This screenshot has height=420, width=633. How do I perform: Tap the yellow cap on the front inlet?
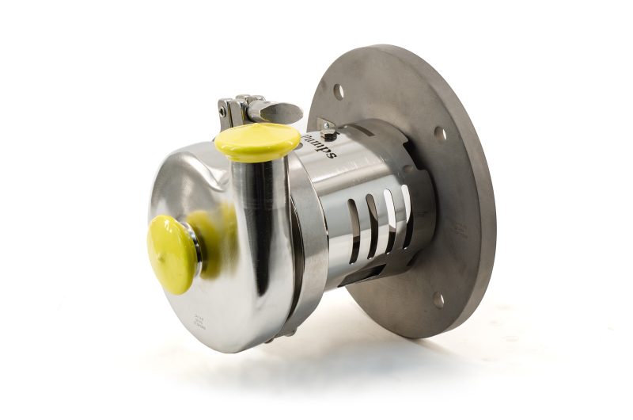tap(171, 254)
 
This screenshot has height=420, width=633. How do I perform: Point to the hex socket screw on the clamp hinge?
tap(224, 112)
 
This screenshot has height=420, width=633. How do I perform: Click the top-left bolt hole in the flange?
tap(339, 91)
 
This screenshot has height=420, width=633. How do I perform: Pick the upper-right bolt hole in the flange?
tap(440, 134)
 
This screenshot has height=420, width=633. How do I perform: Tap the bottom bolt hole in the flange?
tap(438, 300)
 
